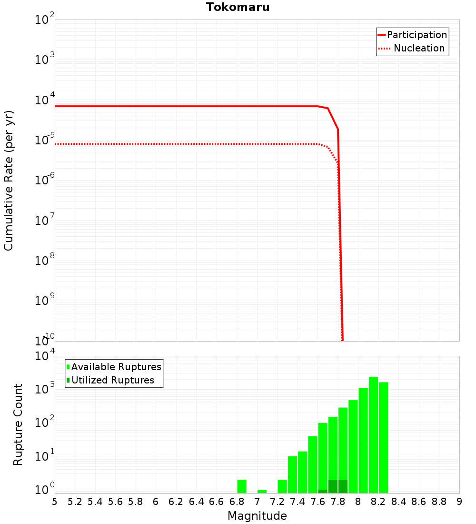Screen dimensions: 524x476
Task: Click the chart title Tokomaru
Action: [238, 7]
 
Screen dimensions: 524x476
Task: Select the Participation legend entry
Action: [416, 35]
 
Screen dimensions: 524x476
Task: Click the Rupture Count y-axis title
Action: [18, 424]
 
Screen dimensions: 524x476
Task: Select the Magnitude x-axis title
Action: [257, 516]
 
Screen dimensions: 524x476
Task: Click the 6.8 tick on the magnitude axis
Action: [237, 502]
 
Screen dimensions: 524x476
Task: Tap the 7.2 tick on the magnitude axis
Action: [277, 502]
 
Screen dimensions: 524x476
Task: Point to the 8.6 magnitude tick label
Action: [419, 502]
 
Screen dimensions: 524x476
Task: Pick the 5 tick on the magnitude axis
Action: [55, 502]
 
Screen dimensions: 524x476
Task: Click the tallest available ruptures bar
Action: [373, 435]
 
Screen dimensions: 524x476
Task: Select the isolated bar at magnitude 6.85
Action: [242, 486]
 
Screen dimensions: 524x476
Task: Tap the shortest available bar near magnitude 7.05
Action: [262, 491]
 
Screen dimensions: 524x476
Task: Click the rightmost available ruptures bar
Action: [384, 437]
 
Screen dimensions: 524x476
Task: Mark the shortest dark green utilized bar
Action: [323, 491]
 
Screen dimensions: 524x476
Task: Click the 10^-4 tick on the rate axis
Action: [45, 101]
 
